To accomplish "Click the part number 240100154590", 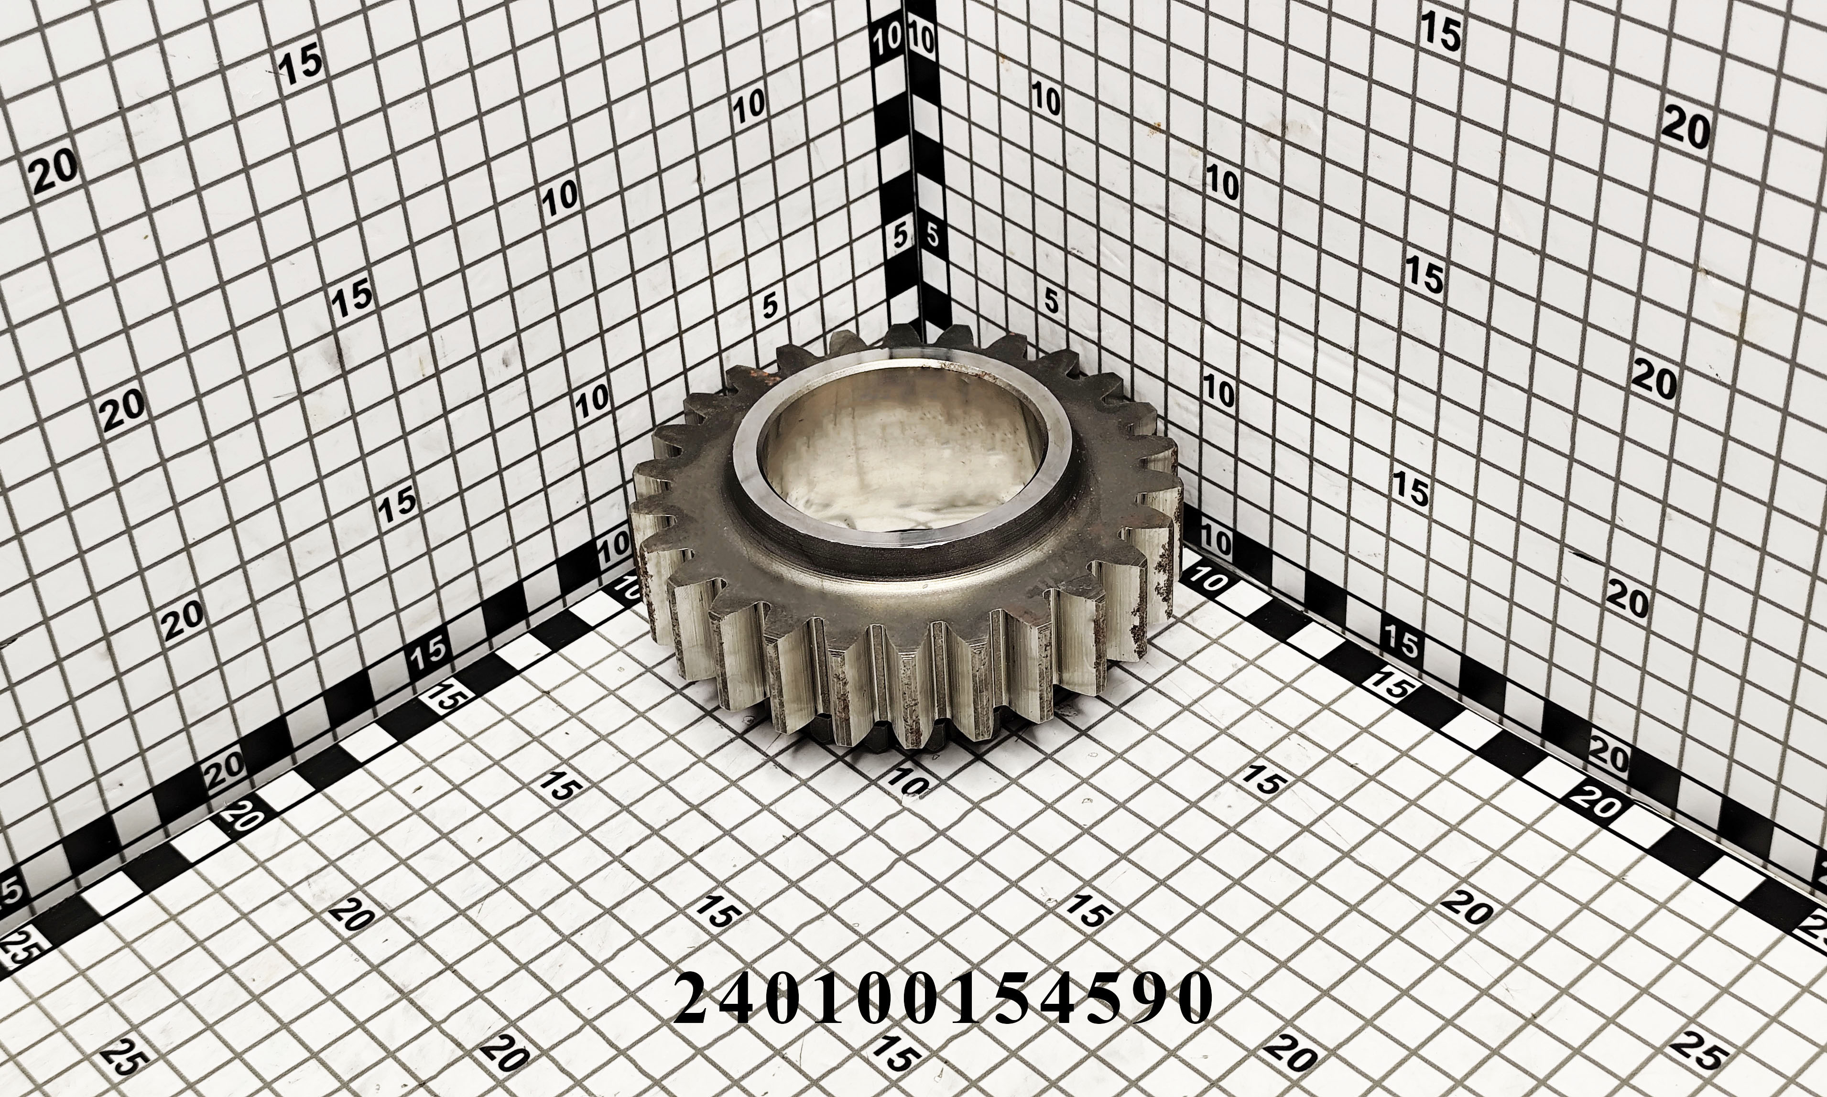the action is pyautogui.click(x=944, y=997).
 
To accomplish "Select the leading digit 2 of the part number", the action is pyautogui.click(x=696, y=997).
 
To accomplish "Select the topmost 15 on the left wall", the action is pyautogui.click(x=301, y=65).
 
